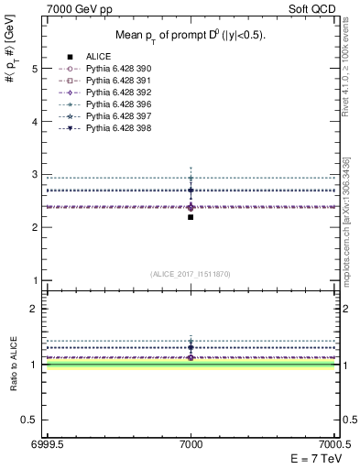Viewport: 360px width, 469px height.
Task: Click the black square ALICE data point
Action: (191, 217)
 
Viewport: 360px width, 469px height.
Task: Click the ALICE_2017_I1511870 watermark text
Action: (191, 274)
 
